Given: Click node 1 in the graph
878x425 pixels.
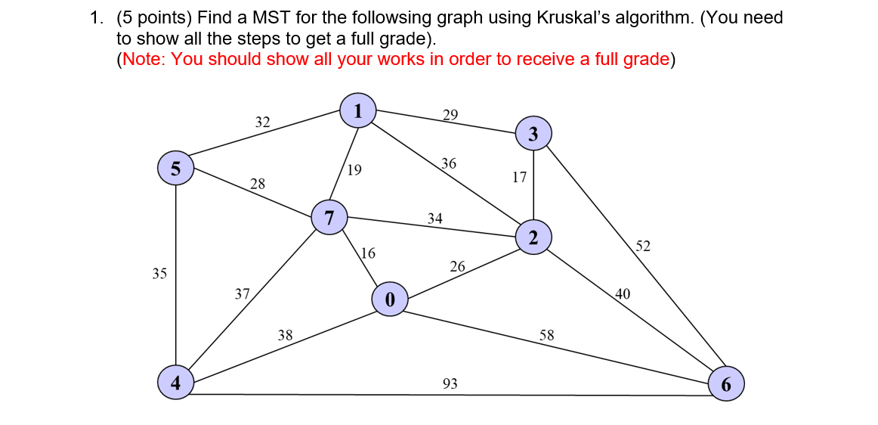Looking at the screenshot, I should point(358,110).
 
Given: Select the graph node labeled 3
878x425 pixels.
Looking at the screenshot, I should point(534,135).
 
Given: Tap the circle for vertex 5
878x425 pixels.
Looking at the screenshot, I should point(175,168).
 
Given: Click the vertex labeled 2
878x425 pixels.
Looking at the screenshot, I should point(533,238).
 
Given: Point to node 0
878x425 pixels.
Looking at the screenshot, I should point(390,299).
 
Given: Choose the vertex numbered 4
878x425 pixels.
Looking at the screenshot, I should point(175,382).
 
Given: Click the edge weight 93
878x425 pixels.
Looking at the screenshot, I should point(450,384).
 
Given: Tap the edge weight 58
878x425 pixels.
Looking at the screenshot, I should point(546,334).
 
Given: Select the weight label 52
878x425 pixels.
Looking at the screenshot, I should point(643,247).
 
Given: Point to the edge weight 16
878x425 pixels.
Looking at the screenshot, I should point(369,253).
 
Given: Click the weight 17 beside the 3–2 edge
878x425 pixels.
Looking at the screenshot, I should point(519,178).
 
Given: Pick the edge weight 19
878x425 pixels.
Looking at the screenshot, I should point(354,170).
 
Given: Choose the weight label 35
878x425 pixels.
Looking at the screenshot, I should point(159,274).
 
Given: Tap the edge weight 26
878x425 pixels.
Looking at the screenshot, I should point(457,266).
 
